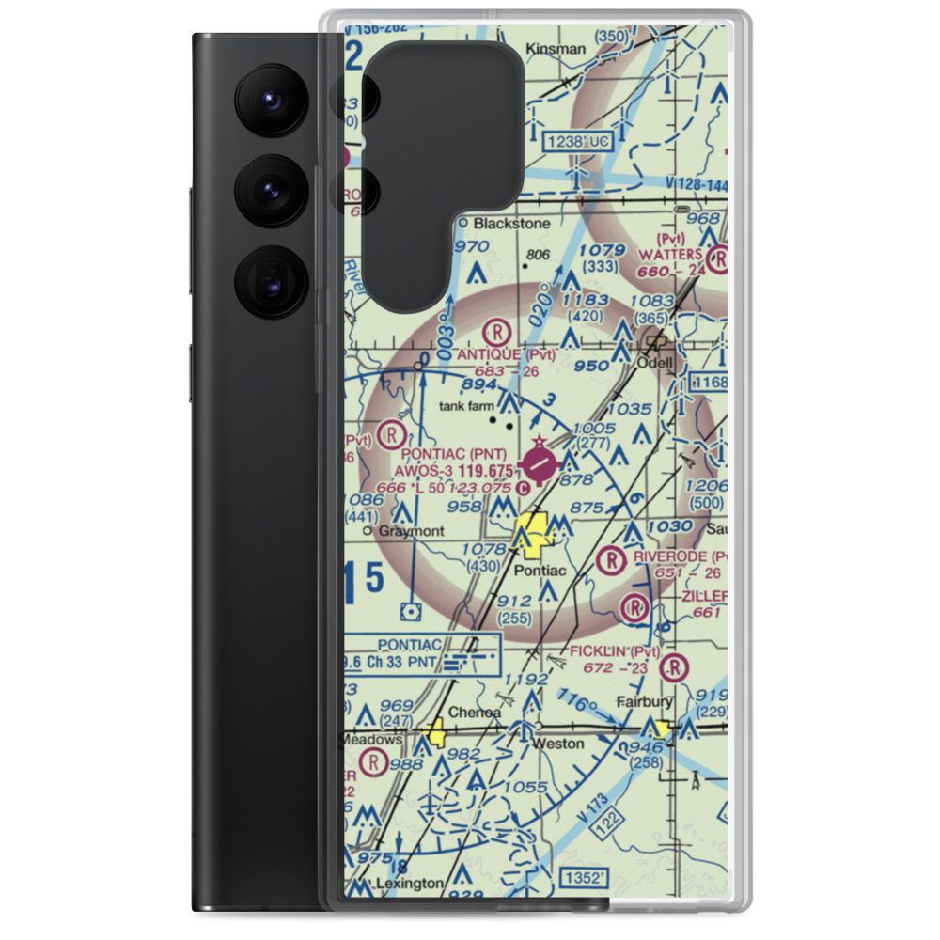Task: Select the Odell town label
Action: pyautogui.click(x=656, y=362)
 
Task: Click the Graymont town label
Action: pyautogui.click(x=410, y=531)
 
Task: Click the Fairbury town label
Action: pyautogui.click(x=644, y=702)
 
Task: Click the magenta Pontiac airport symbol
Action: pyautogui.click(x=540, y=462)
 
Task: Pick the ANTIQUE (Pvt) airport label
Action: pyautogui.click(x=506, y=354)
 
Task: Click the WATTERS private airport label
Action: pyautogui.click(x=669, y=255)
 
